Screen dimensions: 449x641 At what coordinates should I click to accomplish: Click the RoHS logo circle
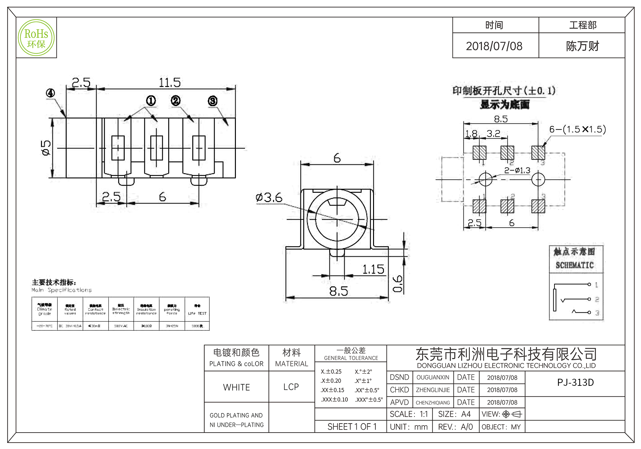(36, 38)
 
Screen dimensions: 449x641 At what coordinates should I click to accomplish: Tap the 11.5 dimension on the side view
(170, 83)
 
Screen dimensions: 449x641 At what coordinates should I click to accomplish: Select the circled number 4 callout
(50, 93)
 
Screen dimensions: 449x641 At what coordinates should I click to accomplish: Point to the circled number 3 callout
(212, 101)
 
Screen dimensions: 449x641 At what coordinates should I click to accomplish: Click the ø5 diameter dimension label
(46, 148)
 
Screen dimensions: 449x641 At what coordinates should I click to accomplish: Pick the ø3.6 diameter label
(269, 198)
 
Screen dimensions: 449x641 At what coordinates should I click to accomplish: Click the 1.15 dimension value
(373, 269)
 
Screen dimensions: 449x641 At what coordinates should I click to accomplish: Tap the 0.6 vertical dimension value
(398, 284)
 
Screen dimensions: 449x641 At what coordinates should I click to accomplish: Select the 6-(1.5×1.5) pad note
(578, 129)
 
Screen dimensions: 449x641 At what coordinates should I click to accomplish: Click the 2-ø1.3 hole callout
(517, 170)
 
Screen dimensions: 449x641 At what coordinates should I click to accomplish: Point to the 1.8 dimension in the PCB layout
(471, 133)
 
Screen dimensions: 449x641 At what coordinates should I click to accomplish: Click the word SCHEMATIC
(575, 265)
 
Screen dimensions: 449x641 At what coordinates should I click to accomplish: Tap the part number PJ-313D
(575, 383)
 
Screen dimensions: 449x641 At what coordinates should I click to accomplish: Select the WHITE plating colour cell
(237, 387)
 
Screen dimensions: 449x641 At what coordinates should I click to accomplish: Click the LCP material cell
(291, 387)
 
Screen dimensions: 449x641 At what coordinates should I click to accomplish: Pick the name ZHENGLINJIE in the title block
(433, 390)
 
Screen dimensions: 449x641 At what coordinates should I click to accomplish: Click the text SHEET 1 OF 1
(352, 427)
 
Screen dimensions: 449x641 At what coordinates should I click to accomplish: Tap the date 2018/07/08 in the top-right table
(494, 46)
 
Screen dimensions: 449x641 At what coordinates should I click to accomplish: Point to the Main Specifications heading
(62, 290)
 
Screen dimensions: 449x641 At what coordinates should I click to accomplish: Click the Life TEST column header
(197, 313)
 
